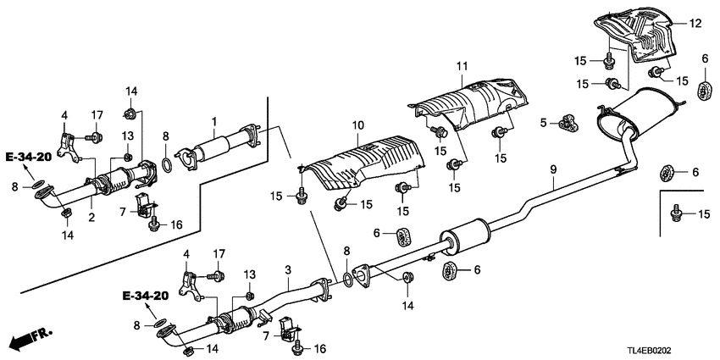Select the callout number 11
click(x=462, y=65)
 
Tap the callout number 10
click(x=357, y=126)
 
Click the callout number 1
click(x=214, y=121)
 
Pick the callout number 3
click(x=288, y=270)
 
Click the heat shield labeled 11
click(x=470, y=102)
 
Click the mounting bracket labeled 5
click(x=566, y=124)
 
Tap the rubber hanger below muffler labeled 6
click(x=666, y=174)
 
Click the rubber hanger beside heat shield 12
click(x=702, y=91)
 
